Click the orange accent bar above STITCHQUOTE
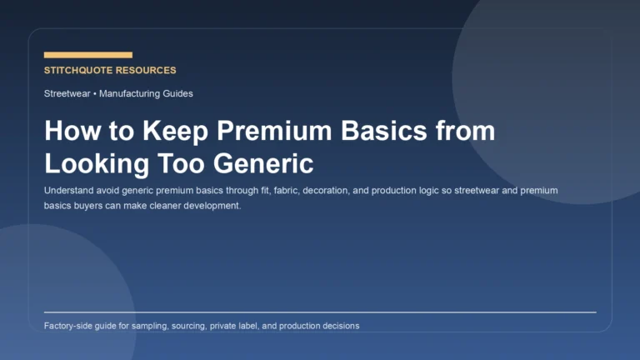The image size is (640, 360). [x=87, y=55]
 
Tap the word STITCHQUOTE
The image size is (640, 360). [x=79, y=71]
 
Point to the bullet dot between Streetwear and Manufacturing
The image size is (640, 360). [x=95, y=93]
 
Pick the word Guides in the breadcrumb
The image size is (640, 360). [x=177, y=93]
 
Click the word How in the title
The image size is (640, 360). [x=70, y=132]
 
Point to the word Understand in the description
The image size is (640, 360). [x=69, y=191]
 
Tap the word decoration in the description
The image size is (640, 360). [x=331, y=191]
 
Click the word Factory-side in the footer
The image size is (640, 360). [x=70, y=326]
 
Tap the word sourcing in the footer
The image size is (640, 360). [x=198, y=326]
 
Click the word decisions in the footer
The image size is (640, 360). [x=338, y=326]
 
